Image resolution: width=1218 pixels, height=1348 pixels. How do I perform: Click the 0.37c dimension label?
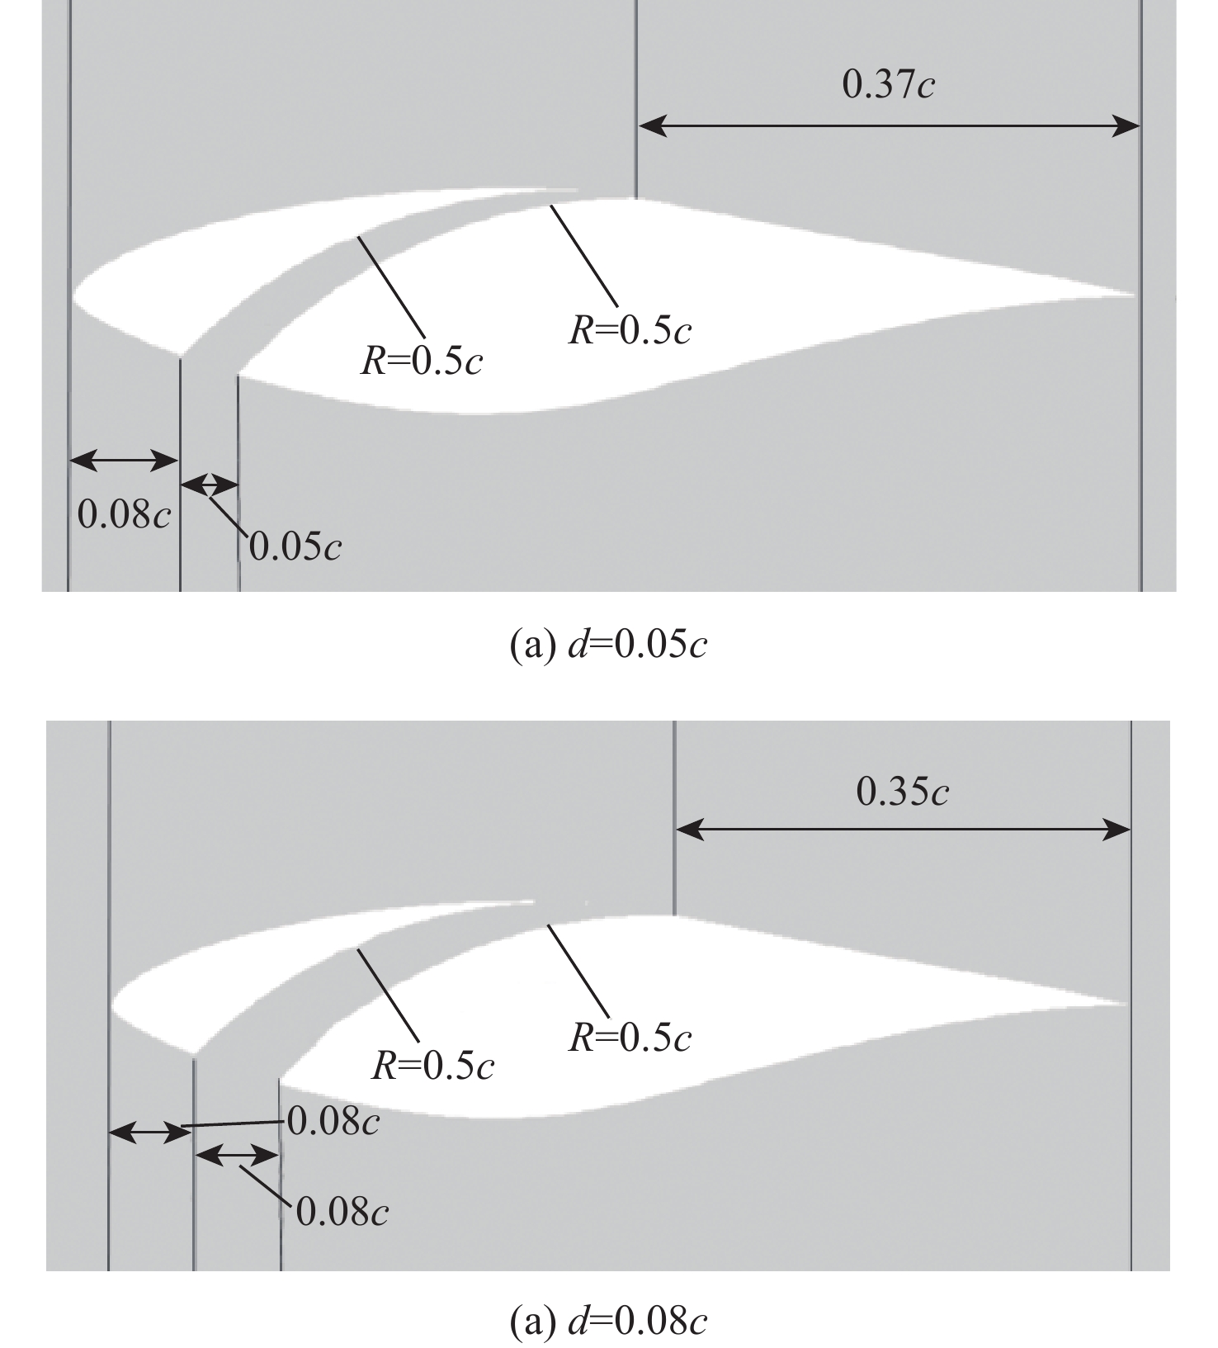888,84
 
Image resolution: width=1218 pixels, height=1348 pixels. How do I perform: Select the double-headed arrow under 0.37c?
889,126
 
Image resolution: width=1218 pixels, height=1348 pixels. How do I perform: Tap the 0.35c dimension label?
902,791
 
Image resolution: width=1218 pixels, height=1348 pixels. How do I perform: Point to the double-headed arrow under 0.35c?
903,830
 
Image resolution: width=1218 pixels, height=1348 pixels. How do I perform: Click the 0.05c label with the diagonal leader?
295,546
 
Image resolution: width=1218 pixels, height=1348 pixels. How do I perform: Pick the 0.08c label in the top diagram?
124,514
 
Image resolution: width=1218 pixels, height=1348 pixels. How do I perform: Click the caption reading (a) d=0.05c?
608,645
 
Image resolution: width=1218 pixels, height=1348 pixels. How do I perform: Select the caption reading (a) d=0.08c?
608,1322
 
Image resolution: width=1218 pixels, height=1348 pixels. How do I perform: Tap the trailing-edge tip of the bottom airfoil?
1126,1004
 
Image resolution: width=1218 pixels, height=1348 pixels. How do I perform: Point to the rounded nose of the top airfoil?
76,296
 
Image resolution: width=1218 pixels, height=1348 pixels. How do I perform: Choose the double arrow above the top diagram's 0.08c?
124,461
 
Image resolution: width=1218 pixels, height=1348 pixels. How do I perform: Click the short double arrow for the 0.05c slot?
209,485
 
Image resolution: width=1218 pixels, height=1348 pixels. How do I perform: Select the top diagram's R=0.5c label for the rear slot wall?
630,330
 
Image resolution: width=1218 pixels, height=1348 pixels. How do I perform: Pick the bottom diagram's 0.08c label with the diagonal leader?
342,1212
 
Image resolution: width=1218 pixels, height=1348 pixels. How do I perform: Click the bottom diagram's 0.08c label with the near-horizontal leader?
333,1122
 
